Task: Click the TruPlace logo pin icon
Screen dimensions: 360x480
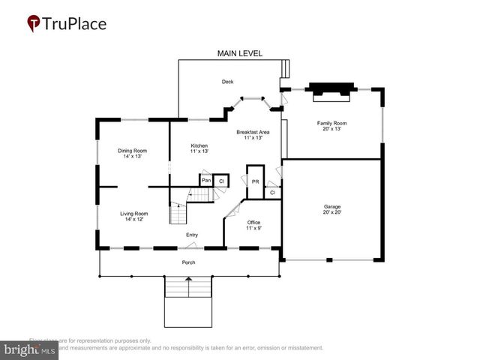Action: pos(33,23)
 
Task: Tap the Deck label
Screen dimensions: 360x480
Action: pos(227,82)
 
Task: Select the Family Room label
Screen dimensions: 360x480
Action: pos(331,123)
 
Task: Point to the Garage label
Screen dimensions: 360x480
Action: pos(331,208)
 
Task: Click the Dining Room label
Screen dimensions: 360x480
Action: pos(132,151)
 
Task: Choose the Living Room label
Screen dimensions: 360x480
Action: pos(133,214)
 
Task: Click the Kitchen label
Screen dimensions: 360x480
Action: pos(199,145)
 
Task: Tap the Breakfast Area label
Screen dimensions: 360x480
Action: pos(253,133)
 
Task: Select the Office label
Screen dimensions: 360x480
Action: pos(253,223)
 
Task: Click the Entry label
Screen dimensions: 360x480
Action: pos(192,235)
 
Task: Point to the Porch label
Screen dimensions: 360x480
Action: pos(188,262)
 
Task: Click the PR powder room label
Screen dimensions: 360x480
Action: pos(255,181)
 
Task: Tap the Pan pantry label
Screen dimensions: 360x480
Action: pos(205,181)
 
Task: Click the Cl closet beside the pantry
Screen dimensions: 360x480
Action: pos(222,181)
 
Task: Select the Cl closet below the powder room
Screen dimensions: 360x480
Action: pos(272,193)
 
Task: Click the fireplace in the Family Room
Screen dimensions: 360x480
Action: pos(331,90)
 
